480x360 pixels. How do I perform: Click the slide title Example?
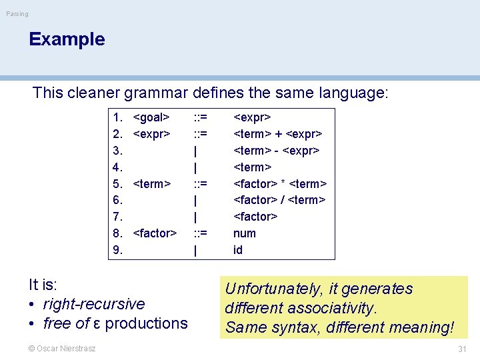(x=67, y=39)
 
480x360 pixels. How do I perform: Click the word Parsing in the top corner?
(x=17, y=14)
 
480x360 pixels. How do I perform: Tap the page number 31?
(x=462, y=349)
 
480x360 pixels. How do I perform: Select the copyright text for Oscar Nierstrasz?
(x=62, y=348)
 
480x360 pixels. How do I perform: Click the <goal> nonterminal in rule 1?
(x=151, y=118)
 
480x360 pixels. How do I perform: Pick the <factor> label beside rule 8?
(x=155, y=233)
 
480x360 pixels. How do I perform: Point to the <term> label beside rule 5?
(x=152, y=184)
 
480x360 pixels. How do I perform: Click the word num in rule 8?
(x=244, y=233)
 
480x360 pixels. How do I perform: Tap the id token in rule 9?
(x=238, y=250)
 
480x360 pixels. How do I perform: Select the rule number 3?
(x=117, y=151)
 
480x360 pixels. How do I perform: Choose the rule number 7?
(x=117, y=217)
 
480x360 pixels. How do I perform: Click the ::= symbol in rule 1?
(x=199, y=118)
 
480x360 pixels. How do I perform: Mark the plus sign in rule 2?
(x=279, y=134)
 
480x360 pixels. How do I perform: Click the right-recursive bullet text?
(x=93, y=304)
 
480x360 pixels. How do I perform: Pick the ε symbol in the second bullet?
(x=97, y=324)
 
